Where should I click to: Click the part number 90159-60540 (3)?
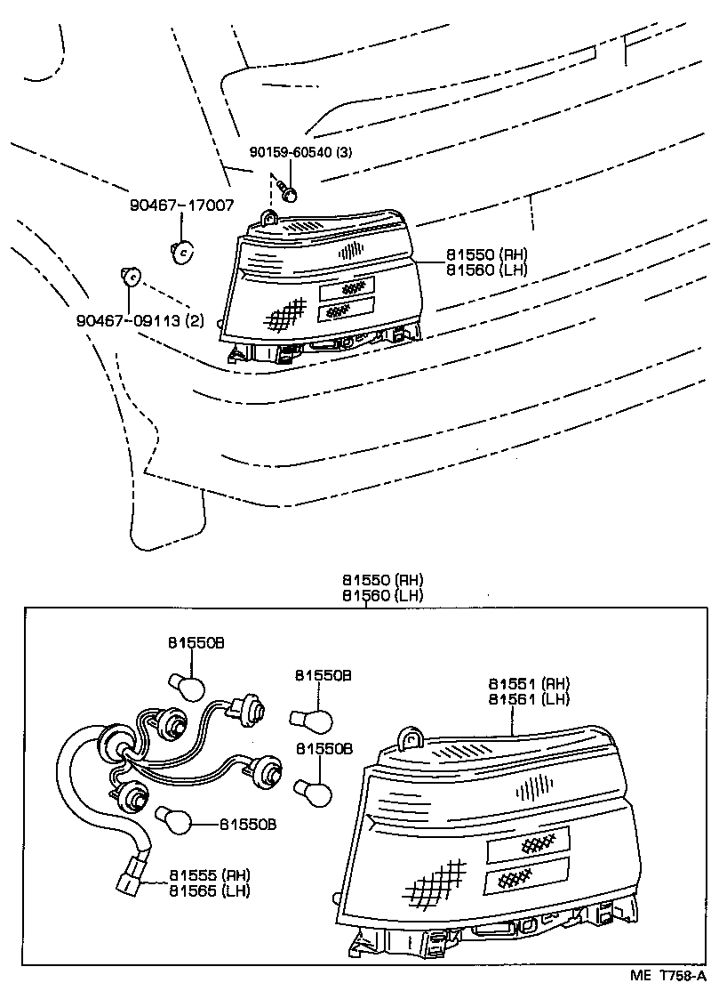300,152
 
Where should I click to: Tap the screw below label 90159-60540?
288,189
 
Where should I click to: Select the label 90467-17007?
182,205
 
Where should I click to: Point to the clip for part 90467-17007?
181,252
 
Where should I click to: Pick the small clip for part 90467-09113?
130,278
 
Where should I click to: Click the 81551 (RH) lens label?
529,684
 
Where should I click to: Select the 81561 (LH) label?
529,699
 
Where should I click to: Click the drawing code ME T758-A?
667,976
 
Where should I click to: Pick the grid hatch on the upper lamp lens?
286,311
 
